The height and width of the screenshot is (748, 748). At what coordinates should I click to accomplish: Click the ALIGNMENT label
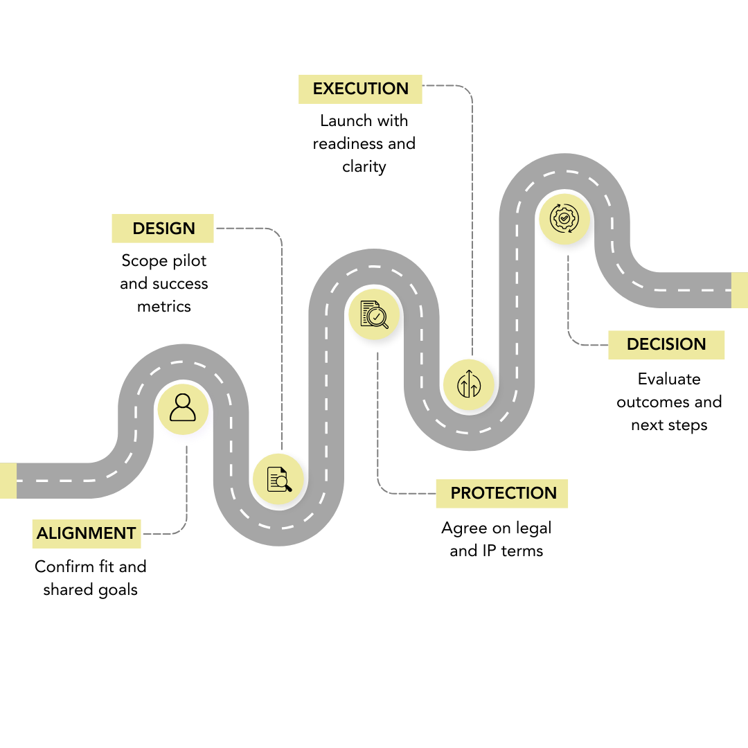click(87, 534)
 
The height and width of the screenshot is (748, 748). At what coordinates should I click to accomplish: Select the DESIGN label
click(163, 229)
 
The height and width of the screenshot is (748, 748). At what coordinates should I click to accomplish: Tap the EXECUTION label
click(360, 89)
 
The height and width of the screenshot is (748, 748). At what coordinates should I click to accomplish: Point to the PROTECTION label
click(503, 493)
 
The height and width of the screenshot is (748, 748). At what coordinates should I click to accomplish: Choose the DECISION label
click(666, 344)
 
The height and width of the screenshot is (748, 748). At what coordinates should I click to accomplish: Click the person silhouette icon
click(183, 409)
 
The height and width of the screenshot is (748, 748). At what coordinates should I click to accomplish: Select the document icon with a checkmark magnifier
click(374, 314)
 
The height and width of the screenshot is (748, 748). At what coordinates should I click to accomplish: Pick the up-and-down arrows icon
click(469, 384)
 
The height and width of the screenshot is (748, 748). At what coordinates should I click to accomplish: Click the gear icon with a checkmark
click(564, 218)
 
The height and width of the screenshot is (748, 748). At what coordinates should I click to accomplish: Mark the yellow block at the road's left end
click(8, 481)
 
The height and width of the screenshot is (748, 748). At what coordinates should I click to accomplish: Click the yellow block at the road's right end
click(739, 290)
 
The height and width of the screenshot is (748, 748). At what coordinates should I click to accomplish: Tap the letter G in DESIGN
click(177, 229)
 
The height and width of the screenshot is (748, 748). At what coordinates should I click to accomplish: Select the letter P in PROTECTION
click(456, 493)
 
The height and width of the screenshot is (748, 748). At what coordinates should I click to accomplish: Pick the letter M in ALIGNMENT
click(101, 534)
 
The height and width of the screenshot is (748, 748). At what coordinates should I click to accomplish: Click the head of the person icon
click(183, 401)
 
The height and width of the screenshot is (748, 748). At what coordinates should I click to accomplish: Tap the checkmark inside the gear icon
click(564, 218)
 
